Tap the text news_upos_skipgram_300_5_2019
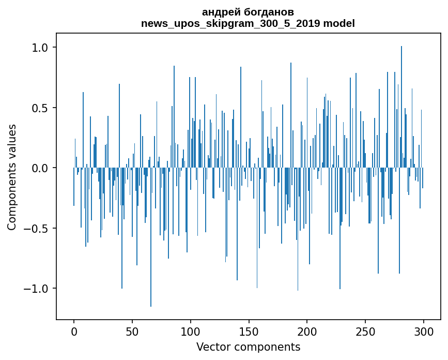coord(230,23)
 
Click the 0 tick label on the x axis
coord(74,332)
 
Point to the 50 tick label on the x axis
coord(132,332)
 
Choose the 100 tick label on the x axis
coord(191,332)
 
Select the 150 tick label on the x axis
coord(249,332)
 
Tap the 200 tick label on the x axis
coord(307,332)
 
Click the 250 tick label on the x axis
coord(365,332)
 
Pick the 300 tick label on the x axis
coord(424,332)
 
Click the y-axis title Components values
coord(12,177)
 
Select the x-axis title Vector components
coord(248,347)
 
